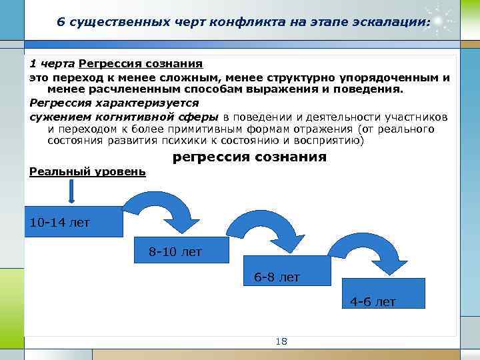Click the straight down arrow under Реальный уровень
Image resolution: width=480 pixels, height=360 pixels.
tap(71, 191)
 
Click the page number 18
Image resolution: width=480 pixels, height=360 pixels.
tap(281, 341)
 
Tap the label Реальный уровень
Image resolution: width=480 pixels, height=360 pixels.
tap(87, 171)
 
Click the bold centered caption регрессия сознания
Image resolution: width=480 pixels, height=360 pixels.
tap(249, 157)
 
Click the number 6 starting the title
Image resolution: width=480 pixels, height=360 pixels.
tap(61, 21)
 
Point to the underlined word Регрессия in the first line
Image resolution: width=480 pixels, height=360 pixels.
tap(107, 65)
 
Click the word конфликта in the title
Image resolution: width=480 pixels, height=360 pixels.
tap(249, 21)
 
